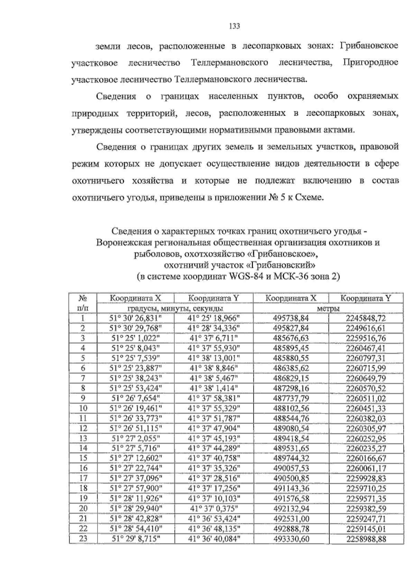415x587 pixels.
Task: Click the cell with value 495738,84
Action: pos(291,318)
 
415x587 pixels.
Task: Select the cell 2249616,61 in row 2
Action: pos(366,328)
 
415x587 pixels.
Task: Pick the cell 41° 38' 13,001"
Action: pos(213,358)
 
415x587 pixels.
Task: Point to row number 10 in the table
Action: pos(83,408)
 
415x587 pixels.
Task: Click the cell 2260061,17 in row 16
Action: pos(366,469)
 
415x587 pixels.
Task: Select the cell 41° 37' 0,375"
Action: pos(213,508)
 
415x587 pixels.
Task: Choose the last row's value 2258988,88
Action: pos(366,539)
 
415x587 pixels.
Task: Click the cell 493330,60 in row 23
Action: pos(291,539)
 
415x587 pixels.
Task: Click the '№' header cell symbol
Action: pos(83,298)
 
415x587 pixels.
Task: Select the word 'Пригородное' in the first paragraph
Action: pos(370,63)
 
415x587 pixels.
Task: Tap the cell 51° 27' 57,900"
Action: pos(135,488)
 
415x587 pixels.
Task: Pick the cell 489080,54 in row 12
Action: pos(291,428)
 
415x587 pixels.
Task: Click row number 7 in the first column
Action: pos(83,378)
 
